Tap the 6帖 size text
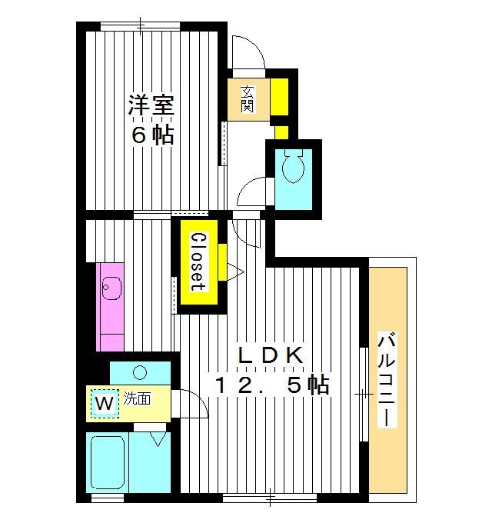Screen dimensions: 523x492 click(151, 135)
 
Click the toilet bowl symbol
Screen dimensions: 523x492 click(294, 166)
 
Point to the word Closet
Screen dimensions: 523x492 click(197, 261)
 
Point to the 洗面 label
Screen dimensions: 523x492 click(138, 399)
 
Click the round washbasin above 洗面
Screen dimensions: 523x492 click(139, 373)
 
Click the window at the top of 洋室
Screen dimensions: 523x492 click(141, 27)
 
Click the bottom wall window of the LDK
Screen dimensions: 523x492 click(270, 498)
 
